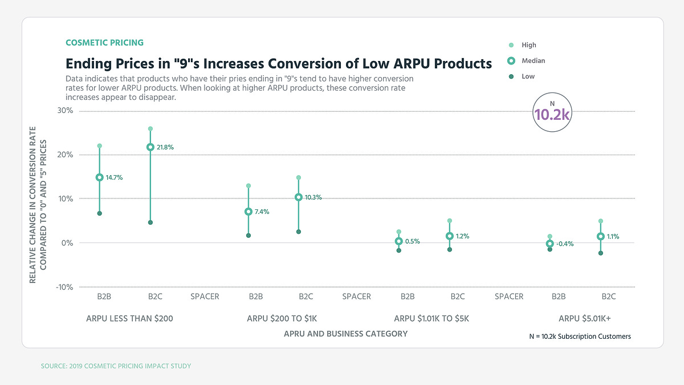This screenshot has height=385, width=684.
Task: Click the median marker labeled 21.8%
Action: (150, 147)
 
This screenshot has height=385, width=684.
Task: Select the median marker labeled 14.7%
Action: (99, 177)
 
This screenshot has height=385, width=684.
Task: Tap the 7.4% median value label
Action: (261, 212)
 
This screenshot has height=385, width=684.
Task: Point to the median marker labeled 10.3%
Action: (299, 197)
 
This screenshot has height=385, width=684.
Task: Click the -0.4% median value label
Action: (564, 244)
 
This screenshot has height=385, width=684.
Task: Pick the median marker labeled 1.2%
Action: (450, 236)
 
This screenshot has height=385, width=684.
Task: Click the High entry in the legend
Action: (528, 45)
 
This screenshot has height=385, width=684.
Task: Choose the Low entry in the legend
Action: (528, 76)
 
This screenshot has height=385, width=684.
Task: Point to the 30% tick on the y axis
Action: (64, 111)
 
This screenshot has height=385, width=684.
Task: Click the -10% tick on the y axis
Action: (64, 287)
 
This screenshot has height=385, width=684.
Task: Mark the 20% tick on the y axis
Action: (64, 155)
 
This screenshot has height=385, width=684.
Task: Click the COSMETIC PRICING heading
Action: (105, 43)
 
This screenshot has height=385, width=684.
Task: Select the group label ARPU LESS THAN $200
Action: (129, 318)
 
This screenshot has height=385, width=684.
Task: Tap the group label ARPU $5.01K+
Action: (585, 318)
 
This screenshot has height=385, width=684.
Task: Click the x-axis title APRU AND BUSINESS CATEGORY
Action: (345, 334)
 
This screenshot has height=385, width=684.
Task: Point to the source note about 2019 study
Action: (116, 366)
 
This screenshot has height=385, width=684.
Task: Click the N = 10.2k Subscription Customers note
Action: (580, 337)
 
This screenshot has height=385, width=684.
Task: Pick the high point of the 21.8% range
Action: (150, 129)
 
